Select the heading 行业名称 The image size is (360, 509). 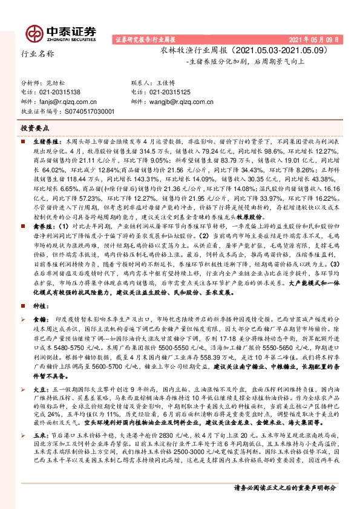(38, 54)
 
